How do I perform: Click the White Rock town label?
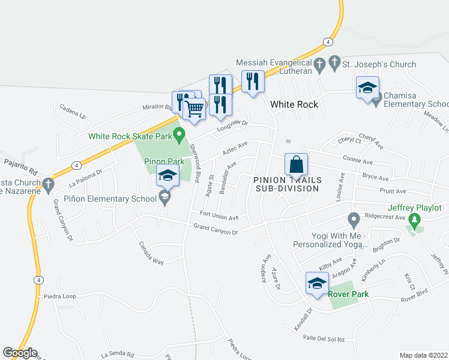(x=294, y=104)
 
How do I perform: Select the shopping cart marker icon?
(x=194, y=109)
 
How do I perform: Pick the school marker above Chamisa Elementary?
(x=367, y=88)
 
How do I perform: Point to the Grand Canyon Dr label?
(x=216, y=229)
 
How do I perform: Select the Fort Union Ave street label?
(x=219, y=215)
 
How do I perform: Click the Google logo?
(x=20, y=353)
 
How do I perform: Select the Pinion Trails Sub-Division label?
(x=287, y=184)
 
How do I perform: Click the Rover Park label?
(x=348, y=294)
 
